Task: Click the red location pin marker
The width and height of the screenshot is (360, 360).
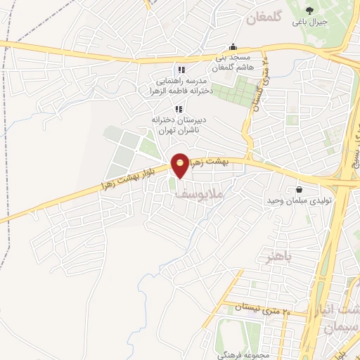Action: click(x=180, y=166)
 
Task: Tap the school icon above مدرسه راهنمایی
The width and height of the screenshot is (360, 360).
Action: click(x=181, y=70)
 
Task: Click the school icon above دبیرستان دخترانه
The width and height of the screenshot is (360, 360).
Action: click(x=179, y=109)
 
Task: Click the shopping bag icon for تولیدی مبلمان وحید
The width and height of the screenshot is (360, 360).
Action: click(x=300, y=189)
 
